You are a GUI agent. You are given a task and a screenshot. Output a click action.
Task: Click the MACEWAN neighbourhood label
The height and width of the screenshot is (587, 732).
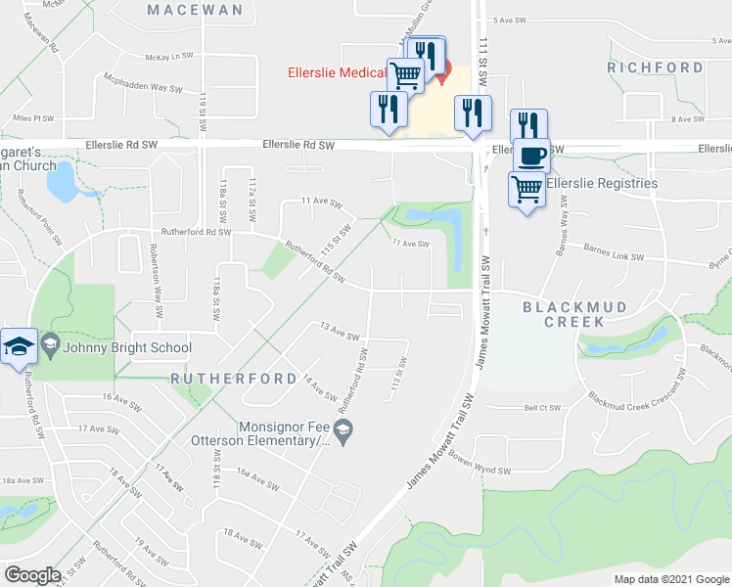194,10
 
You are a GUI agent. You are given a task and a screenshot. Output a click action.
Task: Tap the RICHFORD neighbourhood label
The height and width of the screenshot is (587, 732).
655,68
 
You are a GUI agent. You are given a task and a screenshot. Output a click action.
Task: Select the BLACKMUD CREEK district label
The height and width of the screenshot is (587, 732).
572,314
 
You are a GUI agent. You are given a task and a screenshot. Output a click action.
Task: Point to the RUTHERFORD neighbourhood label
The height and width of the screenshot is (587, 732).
234,378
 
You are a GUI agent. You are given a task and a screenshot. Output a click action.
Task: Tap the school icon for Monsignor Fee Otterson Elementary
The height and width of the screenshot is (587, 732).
343,430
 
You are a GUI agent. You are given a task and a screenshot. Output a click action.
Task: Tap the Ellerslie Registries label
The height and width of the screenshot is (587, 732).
601,183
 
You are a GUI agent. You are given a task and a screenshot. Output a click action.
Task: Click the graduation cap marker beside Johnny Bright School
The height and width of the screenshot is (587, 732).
19,347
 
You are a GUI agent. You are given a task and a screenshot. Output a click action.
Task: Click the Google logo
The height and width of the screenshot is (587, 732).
33,575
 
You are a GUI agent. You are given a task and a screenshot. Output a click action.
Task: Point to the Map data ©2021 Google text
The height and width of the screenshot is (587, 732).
670,579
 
